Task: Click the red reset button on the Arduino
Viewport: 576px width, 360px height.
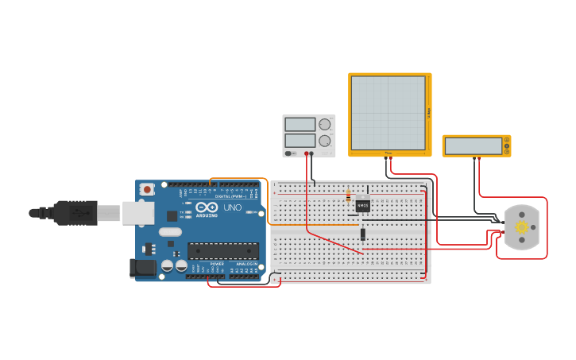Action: coord(147,189)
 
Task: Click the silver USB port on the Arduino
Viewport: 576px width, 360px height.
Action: coord(138,211)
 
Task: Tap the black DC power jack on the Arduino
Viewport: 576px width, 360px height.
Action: coord(143,269)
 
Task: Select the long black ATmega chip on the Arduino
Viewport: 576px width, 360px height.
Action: coord(222,251)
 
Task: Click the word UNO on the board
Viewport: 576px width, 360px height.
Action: coord(232,207)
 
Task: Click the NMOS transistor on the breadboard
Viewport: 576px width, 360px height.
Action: coord(363,205)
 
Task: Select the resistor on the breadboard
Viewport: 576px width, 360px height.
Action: coord(349,196)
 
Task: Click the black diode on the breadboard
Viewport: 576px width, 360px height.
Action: coord(363,234)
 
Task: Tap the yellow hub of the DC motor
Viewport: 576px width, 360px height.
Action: coord(522,227)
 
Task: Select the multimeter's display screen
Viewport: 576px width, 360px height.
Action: coord(473,146)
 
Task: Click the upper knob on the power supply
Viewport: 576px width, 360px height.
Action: coord(325,124)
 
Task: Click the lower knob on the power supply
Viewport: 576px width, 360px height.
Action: coord(325,141)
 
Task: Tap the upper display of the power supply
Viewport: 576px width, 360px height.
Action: coord(300,124)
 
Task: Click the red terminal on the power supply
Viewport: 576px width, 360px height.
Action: coord(306,153)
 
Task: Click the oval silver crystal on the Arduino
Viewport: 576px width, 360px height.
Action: coord(170,232)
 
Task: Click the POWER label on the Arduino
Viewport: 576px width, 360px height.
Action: coord(217,264)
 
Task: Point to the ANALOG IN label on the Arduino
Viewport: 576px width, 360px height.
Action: coord(246,264)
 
